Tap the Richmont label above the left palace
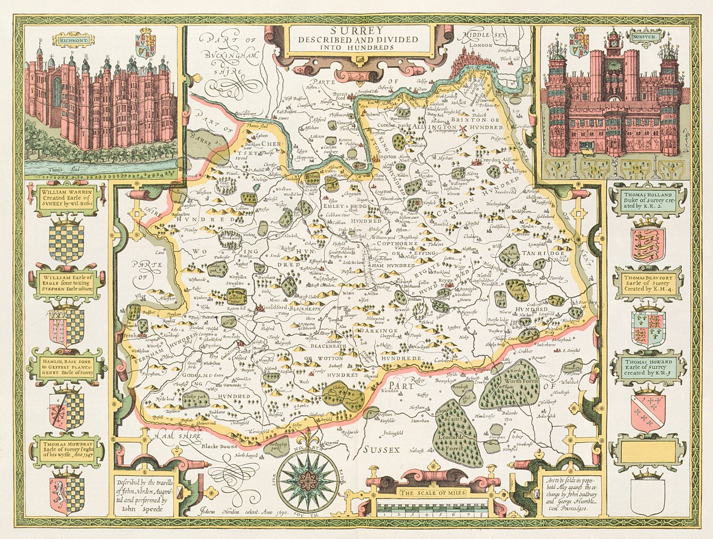[x=72, y=40]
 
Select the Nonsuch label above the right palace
[x=642, y=39]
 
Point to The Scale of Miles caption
[x=432, y=493]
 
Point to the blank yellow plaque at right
[x=648, y=451]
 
